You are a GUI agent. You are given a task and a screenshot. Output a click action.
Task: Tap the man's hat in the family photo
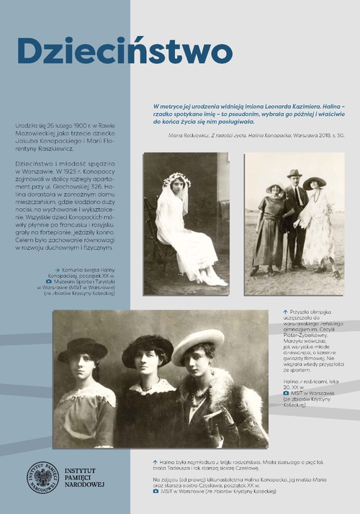[294, 173]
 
